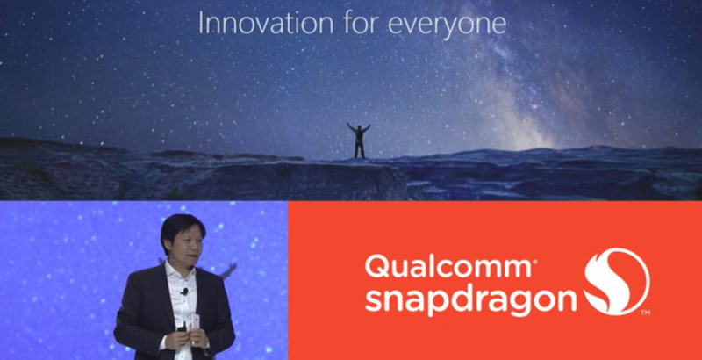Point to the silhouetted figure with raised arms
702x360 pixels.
click(359, 140)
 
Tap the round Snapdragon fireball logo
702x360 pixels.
click(617, 281)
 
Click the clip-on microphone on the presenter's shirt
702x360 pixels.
click(184, 292)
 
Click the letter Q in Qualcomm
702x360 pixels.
click(376, 266)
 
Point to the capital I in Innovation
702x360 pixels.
click(201, 23)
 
